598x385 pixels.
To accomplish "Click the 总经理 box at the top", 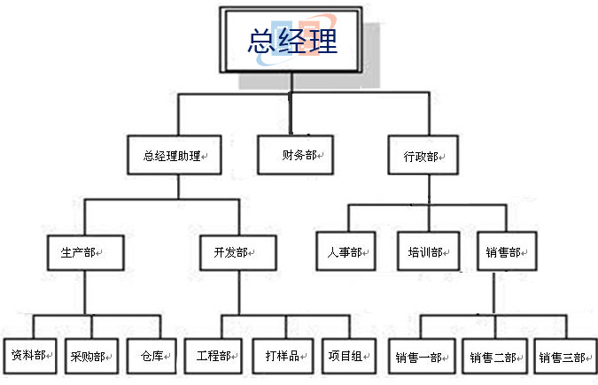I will coord(293,42).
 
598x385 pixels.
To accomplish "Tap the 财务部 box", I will coord(293,154).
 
